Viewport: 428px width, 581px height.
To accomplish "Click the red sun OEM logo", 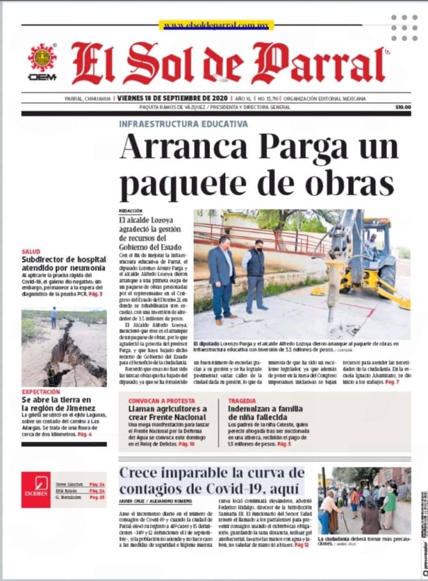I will tap(42, 58).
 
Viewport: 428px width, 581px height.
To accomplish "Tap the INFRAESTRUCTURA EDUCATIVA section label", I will tap(183, 124).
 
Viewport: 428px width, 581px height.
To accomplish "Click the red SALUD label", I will tap(31, 251).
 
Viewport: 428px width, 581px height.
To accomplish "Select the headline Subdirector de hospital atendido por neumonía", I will tap(63, 264).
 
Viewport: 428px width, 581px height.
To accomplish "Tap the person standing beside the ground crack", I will tap(53, 317).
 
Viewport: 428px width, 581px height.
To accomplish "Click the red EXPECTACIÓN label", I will tap(40, 391).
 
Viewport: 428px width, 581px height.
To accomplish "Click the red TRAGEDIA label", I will tap(242, 401).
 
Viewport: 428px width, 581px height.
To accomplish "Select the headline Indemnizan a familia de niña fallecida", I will tap(265, 412).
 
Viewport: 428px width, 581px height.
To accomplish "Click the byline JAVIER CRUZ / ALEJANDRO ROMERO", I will tap(155, 502).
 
